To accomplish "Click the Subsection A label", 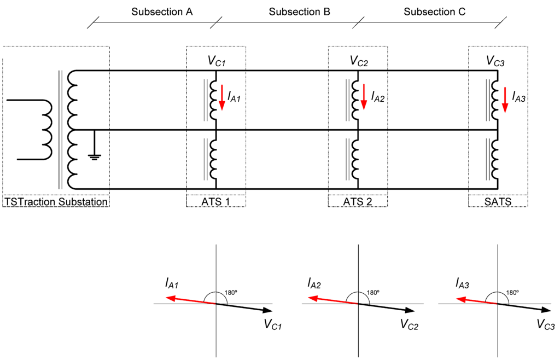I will coord(162,11).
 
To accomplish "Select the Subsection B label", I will coord(299,11).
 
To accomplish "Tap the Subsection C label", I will coord(434,11).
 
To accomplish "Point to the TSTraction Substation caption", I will coord(56,202).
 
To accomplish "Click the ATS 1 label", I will coord(215,202).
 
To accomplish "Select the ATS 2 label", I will coord(358,202).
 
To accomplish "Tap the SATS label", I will coord(498,202).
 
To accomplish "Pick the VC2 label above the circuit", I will coord(359,61).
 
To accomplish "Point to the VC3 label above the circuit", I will coord(495,61).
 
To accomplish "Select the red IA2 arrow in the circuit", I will coord(364,98).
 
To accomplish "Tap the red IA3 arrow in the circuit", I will coord(505,100).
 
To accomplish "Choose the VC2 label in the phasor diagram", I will coord(409,326).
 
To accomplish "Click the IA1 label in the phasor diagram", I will coord(173,283).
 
